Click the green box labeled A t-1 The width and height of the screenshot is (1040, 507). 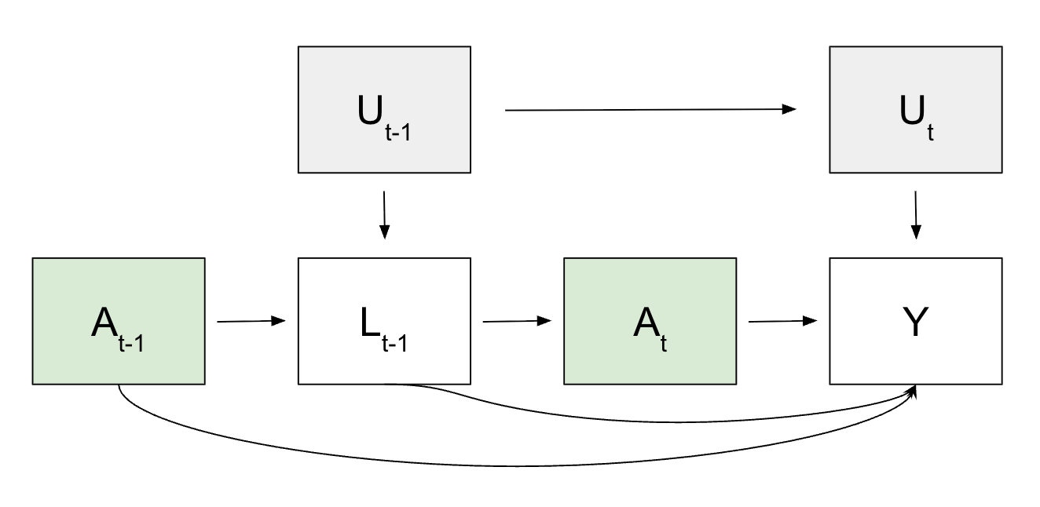[118, 321]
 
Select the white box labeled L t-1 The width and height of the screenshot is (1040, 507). [384, 321]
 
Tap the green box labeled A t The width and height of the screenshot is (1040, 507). [650, 321]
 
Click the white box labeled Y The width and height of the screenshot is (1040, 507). [915, 321]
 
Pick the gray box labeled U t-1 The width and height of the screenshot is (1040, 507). [384, 109]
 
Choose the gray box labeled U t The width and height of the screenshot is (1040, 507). [915, 109]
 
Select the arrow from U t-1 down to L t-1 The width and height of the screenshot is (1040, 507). [384, 214]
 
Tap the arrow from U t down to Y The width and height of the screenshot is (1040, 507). [915, 214]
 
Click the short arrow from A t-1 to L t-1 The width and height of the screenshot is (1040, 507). [250, 321]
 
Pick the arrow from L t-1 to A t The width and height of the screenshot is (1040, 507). [515, 321]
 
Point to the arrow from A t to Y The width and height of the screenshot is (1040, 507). [782, 321]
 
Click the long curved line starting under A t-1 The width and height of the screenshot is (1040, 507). [471, 465]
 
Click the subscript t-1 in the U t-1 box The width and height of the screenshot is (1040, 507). [398, 133]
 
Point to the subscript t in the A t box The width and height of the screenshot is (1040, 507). [664, 345]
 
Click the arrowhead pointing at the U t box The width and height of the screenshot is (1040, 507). [790, 110]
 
